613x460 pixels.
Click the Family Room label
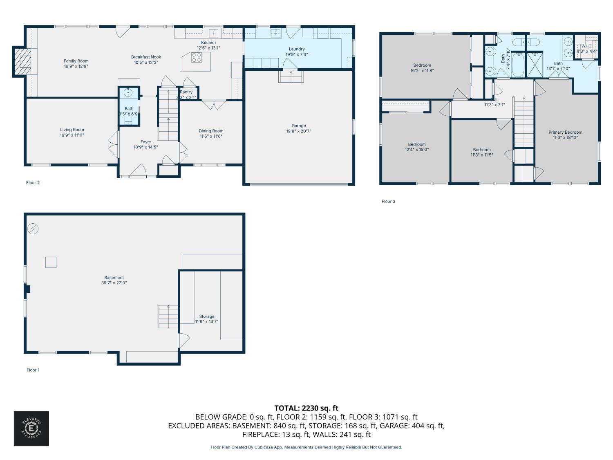click(x=76, y=61)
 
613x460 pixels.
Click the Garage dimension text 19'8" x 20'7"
click(x=299, y=131)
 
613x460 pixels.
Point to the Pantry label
click(x=186, y=92)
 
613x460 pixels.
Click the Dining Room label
click(x=211, y=131)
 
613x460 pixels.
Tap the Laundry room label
click(x=297, y=49)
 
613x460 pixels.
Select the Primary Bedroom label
click(x=565, y=132)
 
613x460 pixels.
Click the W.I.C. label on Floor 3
click(x=587, y=46)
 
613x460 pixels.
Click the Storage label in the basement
click(x=207, y=316)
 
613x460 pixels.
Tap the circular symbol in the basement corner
click(x=33, y=229)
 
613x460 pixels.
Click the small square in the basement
click(x=51, y=262)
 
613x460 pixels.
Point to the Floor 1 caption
click(x=33, y=370)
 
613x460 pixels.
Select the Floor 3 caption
click(x=388, y=201)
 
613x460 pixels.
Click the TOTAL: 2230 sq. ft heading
click(x=306, y=408)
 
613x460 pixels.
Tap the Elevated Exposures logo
click(x=31, y=429)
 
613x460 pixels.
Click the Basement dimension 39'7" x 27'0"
click(x=114, y=283)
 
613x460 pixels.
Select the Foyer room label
click(x=146, y=142)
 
